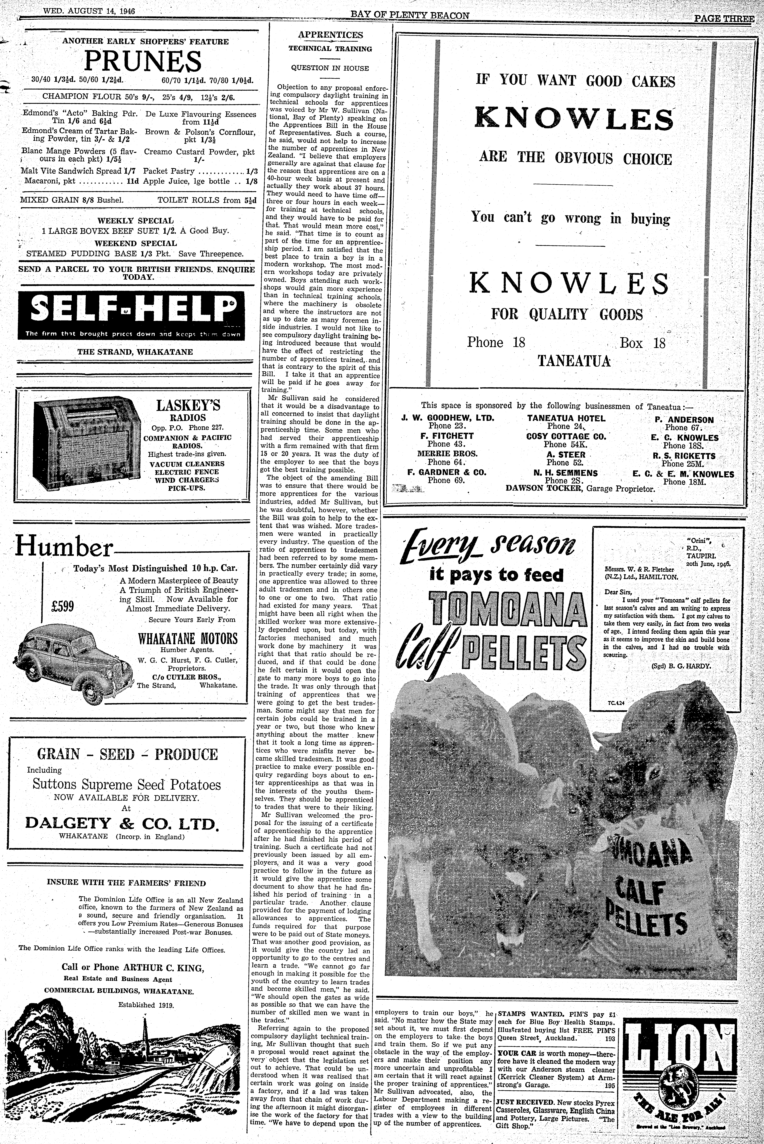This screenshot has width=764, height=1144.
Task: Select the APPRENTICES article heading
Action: [x=330, y=35]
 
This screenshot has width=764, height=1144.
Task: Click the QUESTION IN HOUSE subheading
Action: [x=330, y=68]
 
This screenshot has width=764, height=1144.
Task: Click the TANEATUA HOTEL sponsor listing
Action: [x=566, y=418]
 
